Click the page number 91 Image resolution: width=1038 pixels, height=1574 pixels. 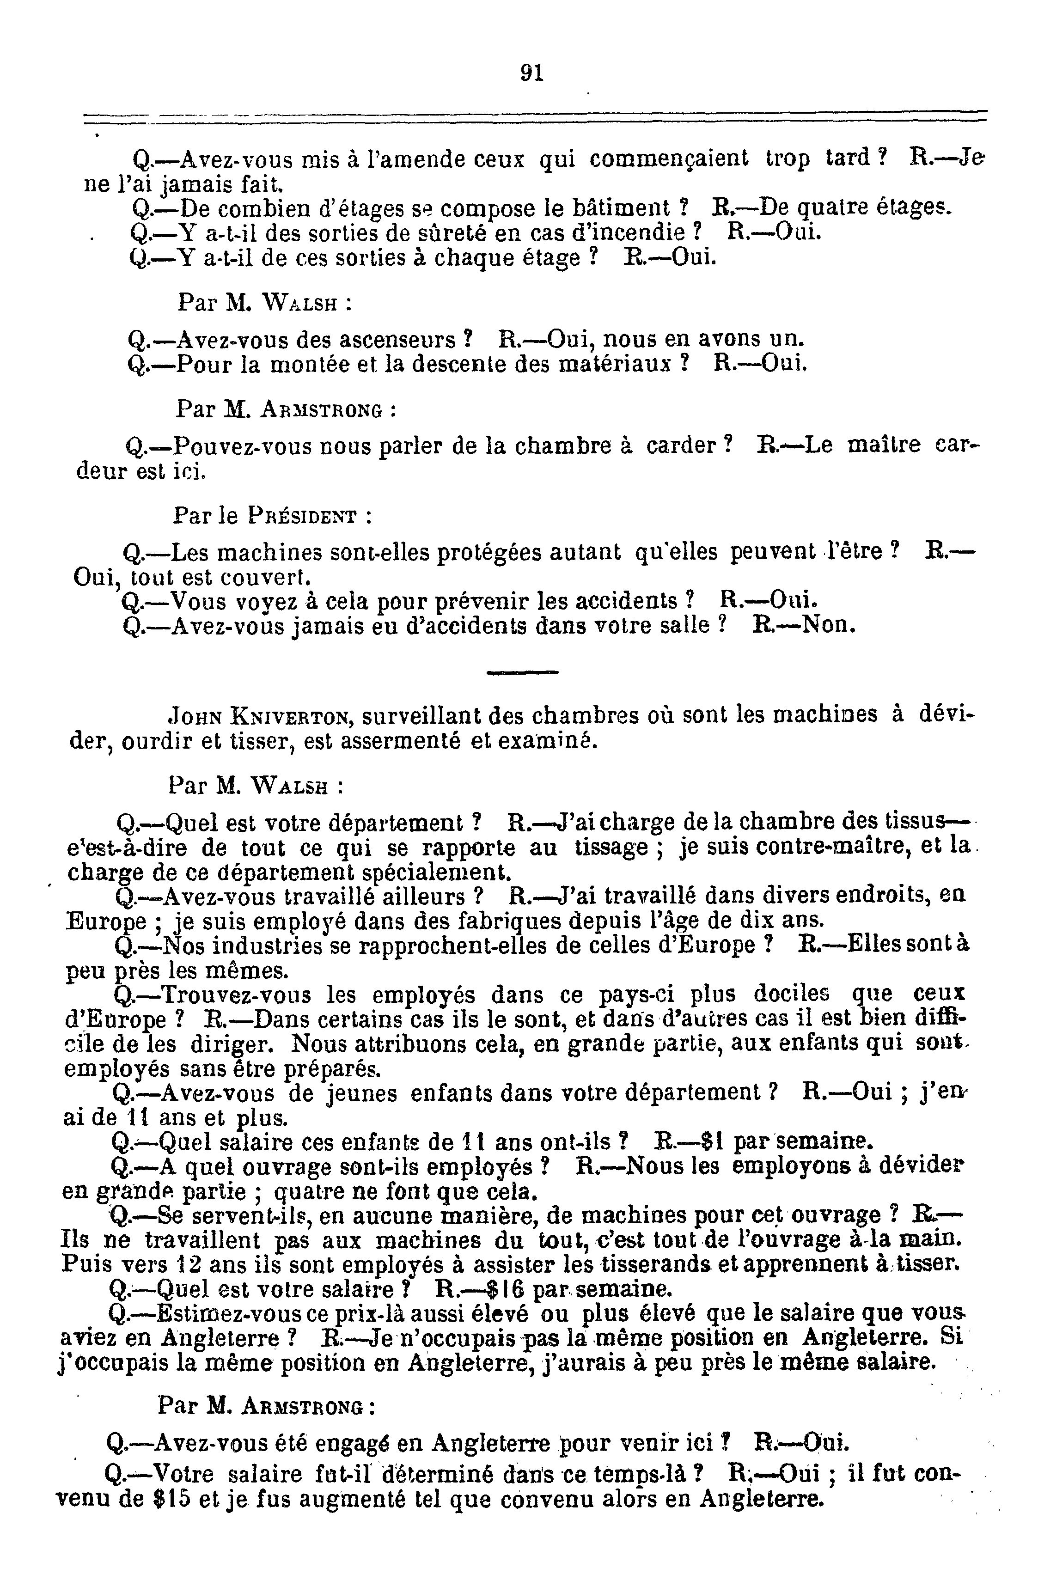click(532, 72)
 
